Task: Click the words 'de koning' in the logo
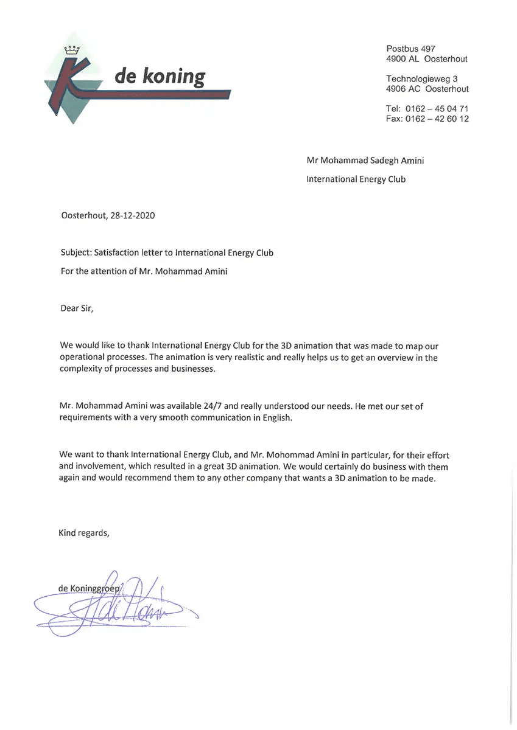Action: point(160,77)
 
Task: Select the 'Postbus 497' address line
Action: point(411,49)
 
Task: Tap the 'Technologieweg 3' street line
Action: point(421,78)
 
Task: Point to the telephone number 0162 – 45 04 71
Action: point(435,108)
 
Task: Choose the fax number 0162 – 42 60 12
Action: point(435,119)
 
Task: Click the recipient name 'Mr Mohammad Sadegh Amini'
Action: point(365,161)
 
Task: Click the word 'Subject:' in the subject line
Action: point(76,253)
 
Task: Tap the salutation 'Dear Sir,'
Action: point(77,308)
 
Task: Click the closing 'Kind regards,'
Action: point(84,533)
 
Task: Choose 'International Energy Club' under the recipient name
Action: point(356,179)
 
